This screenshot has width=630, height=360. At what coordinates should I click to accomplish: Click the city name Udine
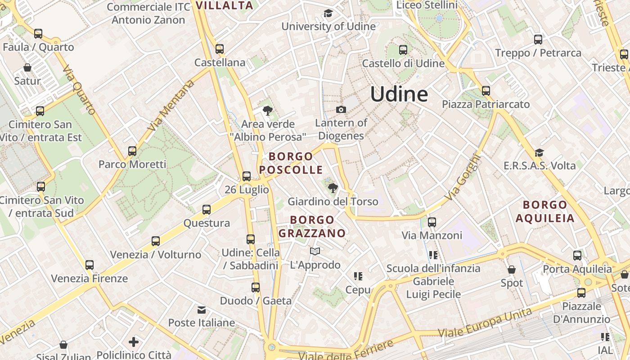pyautogui.click(x=399, y=94)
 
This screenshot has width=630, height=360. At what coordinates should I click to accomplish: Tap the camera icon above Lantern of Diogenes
pyautogui.click(x=341, y=109)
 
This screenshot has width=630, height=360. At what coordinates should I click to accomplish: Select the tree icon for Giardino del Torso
pyautogui.click(x=333, y=188)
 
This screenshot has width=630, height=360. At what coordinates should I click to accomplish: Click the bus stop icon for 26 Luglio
pyautogui.click(x=247, y=176)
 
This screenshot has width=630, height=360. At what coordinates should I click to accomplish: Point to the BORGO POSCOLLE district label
pyautogui.click(x=291, y=163)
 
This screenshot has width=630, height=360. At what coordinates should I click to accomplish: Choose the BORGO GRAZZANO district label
pyautogui.click(x=312, y=226)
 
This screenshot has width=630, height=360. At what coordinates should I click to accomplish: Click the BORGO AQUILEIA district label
pyautogui.click(x=545, y=211)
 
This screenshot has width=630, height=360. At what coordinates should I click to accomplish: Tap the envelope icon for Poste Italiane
pyautogui.click(x=201, y=310)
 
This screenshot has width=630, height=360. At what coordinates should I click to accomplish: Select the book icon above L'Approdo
pyautogui.click(x=315, y=251)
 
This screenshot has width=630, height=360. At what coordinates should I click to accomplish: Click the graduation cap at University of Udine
pyautogui.click(x=328, y=13)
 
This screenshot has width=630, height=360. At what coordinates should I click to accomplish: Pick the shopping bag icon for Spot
pyautogui.click(x=512, y=270)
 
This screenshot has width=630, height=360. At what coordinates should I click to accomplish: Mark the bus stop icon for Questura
pyautogui.click(x=207, y=210)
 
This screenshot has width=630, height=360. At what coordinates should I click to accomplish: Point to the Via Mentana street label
pyautogui.click(x=171, y=105)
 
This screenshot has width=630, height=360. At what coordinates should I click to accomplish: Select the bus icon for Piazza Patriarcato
pyautogui.click(x=486, y=91)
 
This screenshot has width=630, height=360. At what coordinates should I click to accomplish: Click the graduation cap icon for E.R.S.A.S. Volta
pyautogui.click(x=539, y=153)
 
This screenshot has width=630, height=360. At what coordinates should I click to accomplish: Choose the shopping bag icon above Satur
pyautogui.click(x=27, y=67)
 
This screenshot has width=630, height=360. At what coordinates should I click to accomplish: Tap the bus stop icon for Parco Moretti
pyautogui.click(x=132, y=151)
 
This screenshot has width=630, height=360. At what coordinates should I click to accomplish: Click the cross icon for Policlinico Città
pyautogui.click(x=134, y=342)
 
